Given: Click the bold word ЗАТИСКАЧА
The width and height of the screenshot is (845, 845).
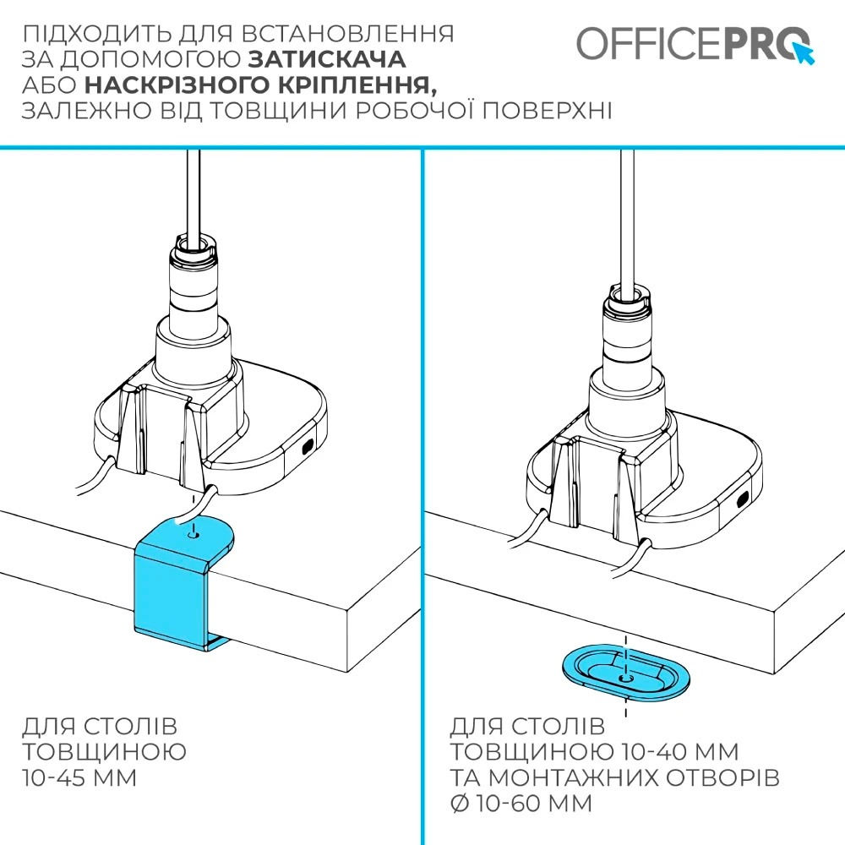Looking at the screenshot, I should pos(327,60).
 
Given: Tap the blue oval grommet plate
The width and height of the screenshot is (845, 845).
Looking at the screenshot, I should pos(625,673).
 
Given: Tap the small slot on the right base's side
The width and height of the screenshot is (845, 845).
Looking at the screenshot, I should pos(743,499).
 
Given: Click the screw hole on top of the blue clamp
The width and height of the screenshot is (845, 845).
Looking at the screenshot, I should pos(195,534).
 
